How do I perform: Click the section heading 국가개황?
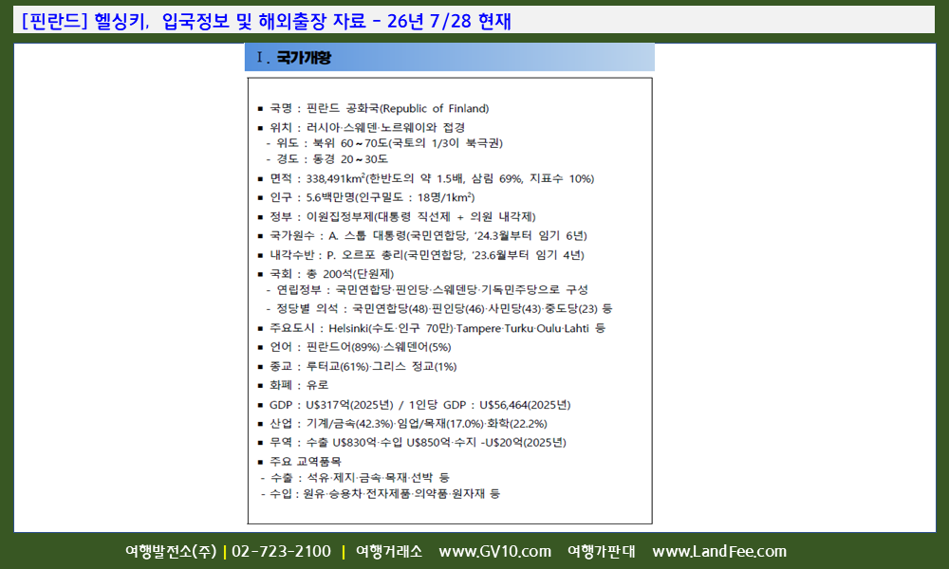coord(304,58)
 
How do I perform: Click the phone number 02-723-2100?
coord(282,552)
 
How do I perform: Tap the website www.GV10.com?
coord(495,552)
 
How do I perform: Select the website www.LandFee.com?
coord(719,552)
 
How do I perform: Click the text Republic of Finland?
coord(434,108)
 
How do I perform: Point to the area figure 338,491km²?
coord(335,178)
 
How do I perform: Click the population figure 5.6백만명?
coord(330,197)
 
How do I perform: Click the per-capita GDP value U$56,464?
coord(504,405)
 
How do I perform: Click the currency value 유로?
coord(318,385)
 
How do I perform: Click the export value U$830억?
coord(355,443)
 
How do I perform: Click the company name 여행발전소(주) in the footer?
coord(171,552)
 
